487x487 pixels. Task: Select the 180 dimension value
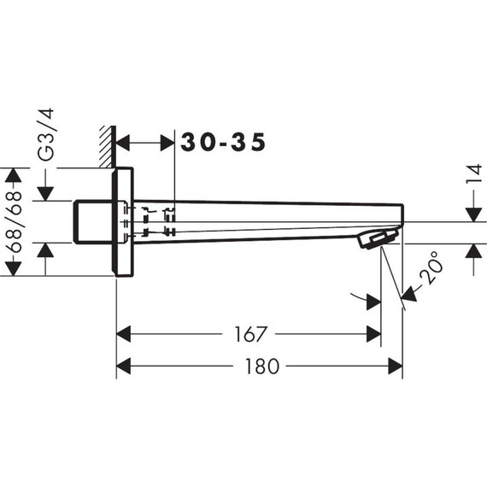click(x=262, y=367)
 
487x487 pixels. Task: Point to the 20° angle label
click(x=431, y=273)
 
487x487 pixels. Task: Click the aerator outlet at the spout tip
click(x=378, y=239)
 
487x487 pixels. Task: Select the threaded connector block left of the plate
click(x=92, y=221)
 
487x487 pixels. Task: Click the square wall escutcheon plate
click(x=124, y=221)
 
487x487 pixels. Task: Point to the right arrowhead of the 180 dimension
click(x=395, y=367)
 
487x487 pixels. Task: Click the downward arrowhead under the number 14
click(x=472, y=214)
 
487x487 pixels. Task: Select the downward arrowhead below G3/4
click(x=46, y=194)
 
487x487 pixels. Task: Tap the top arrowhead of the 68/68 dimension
click(x=13, y=176)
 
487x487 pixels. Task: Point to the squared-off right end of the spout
click(x=400, y=214)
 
